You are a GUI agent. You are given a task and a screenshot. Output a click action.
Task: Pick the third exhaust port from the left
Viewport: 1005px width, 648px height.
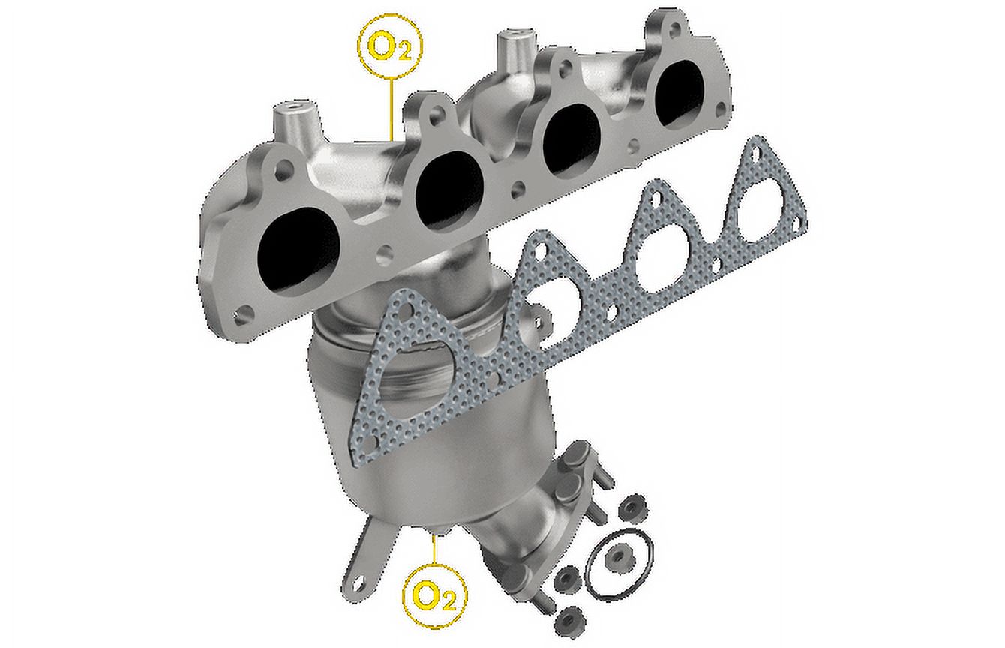tap(571, 139)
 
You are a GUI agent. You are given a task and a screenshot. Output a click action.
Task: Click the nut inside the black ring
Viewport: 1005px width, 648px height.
tap(619, 557)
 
